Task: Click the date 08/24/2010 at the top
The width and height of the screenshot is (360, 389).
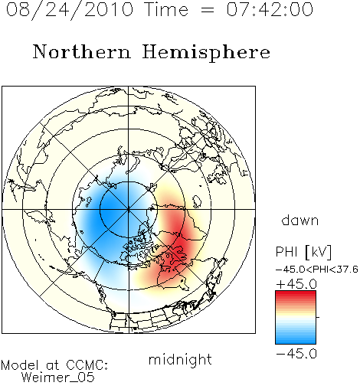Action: [70, 10]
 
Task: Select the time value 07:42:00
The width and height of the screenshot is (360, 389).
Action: [270, 10]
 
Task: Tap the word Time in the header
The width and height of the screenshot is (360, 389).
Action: [166, 10]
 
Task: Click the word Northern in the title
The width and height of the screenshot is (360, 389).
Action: [82, 51]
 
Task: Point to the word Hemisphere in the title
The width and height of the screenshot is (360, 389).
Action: [206, 52]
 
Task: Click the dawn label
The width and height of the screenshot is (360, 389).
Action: [300, 220]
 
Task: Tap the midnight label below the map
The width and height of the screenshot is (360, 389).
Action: [180, 360]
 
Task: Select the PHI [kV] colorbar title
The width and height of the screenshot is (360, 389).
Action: [303, 252]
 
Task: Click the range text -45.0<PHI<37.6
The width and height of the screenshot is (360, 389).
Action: [317, 270]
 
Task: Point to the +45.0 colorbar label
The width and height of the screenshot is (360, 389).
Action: [296, 284]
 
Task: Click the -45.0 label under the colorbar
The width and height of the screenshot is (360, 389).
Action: [296, 354]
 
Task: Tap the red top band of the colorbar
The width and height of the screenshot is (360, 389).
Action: [296, 294]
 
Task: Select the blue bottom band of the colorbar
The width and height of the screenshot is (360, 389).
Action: [296, 341]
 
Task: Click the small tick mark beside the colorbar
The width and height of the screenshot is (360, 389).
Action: [318, 317]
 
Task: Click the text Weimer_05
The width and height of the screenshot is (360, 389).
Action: [58, 377]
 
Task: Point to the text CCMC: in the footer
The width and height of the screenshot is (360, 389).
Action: [87, 365]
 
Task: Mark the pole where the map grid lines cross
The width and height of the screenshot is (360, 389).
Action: [129, 209]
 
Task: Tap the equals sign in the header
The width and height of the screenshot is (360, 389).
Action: [208, 11]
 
